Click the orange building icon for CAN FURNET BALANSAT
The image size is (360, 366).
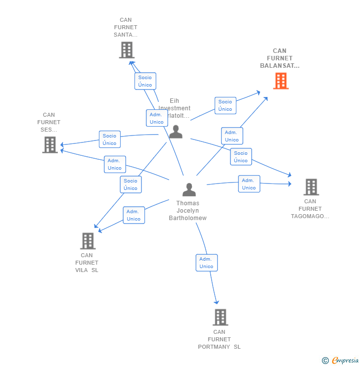pyautogui.click(x=280, y=81)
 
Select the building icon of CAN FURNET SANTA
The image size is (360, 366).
pyautogui.click(x=127, y=50)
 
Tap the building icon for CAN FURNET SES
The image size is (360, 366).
pyautogui.click(x=50, y=145)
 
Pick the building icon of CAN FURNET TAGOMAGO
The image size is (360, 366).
pyautogui.click(x=311, y=187)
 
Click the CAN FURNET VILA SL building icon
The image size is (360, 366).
pyautogui.click(x=88, y=241)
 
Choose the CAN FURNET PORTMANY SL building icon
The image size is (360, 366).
pyautogui.click(x=220, y=317)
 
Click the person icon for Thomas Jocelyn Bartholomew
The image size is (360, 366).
pyautogui.click(x=189, y=190)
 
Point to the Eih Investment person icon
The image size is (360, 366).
pyautogui.click(x=176, y=132)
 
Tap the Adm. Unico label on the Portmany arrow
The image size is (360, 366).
pyautogui.click(x=206, y=263)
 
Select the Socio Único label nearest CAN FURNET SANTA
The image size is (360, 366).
pyautogui.click(x=145, y=81)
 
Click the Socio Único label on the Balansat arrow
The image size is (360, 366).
pyautogui.click(x=225, y=105)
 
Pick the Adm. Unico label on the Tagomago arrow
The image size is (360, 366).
pyautogui.click(x=249, y=184)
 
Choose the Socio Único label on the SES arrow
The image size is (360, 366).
pyautogui.click(x=109, y=139)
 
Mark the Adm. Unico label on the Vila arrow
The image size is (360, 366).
pyautogui.click(x=134, y=215)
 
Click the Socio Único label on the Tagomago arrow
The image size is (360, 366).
pyautogui.click(x=241, y=157)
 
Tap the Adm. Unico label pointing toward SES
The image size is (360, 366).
pyautogui.click(x=115, y=164)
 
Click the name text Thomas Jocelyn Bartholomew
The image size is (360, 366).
pyautogui.click(x=187, y=211)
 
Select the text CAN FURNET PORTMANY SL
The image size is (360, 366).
pyautogui.click(x=219, y=339)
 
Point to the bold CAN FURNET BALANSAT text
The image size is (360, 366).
pyautogui.click(x=279, y=58)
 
